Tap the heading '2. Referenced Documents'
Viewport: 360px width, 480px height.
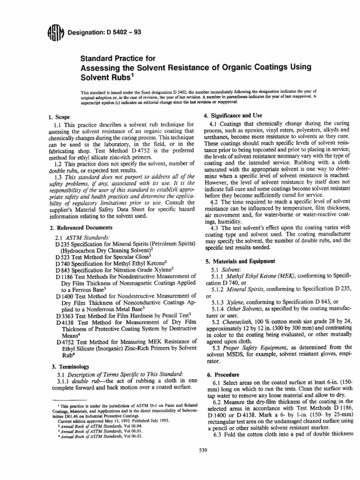coord(82,228)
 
